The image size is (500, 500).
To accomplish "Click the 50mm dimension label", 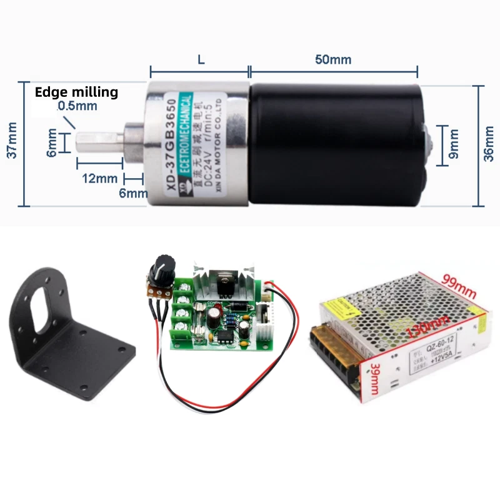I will click(x=332, y=60).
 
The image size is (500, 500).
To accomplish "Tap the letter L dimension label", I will click(x=201, y=60).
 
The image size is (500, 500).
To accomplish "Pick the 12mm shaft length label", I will click(x=99, y=177).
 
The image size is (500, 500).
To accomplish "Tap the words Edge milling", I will click(x=76, y=92).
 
